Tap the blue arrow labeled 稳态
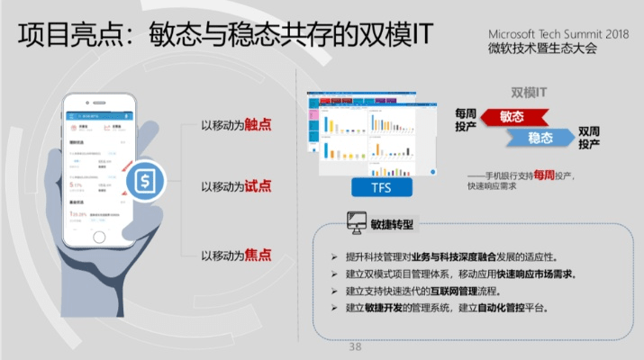(540, 138)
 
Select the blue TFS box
(382, 187)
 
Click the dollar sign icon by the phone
(143, 182)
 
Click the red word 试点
(258, 186)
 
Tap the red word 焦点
(258, 255)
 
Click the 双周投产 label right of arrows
(589, 137)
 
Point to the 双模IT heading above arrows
(530, 92)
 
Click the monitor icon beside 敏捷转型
(356, 222)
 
